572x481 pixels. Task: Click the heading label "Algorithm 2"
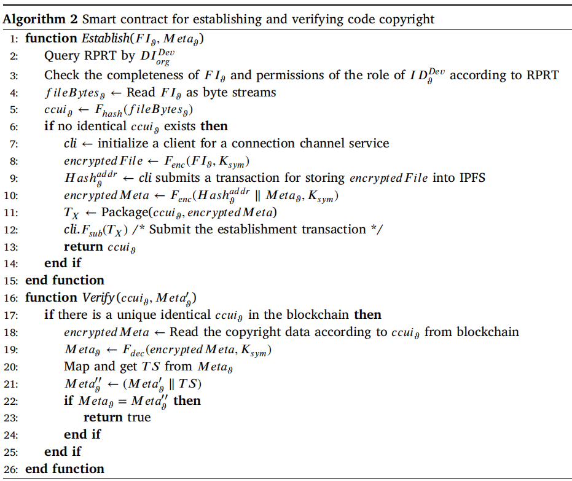[x=40, y=19]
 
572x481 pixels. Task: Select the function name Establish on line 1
[x=106, y=38]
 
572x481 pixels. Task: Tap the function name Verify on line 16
[x=98, y=297]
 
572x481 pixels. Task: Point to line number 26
[x=11, y=469]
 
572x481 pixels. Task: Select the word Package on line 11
[x=125, y=212]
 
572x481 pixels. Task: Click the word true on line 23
[x=139, y=418]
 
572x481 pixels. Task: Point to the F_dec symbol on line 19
[x=133, y=350]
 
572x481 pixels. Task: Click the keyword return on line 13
[x=84, y=247]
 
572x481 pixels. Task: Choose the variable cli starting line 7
[x=70, y=143]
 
